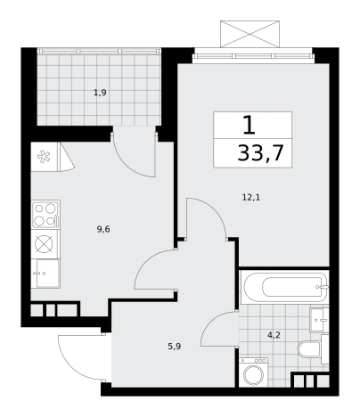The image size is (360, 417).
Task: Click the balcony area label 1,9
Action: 100,93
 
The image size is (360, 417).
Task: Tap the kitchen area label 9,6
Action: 103,229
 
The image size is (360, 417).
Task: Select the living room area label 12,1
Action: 251,197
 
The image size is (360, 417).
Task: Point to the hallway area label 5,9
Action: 175,347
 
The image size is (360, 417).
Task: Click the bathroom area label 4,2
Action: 274,335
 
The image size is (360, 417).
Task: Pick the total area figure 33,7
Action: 260,153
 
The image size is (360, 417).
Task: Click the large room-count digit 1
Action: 249,126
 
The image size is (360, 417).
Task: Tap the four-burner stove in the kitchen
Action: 45,214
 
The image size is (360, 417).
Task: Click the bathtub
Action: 284,287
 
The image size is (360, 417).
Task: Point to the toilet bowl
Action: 309,349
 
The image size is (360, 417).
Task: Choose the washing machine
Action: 253,372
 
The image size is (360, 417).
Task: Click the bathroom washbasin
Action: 319,320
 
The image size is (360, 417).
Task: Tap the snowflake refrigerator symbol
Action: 44,157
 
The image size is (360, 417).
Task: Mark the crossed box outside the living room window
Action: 250,34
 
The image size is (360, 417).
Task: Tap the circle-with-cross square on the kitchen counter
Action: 44,244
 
